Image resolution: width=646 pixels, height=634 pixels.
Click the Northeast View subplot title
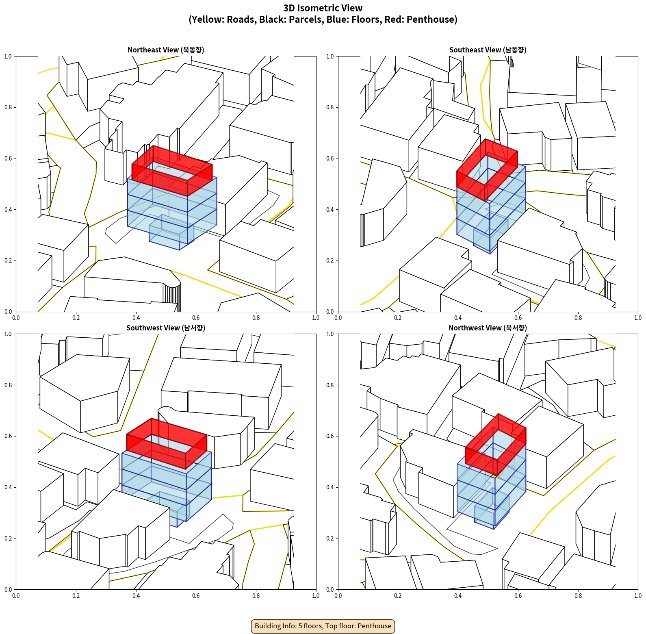[x=166, y=50]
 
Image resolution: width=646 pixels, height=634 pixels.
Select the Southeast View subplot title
[x=488, y=50]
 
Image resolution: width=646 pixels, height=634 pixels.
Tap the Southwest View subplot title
[x=166, y=328]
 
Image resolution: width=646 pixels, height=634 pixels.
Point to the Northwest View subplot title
[x=488, y=328]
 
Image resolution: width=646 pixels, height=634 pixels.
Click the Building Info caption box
[x=323, y=626]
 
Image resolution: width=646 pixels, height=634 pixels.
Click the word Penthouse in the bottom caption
[x=375, y=626]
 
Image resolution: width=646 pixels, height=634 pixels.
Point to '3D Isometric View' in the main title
[x=323, y=8]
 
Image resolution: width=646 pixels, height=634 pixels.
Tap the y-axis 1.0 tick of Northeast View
[x=8, y=56]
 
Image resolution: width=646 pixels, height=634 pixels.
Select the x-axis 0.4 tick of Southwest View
[x=136, y=596]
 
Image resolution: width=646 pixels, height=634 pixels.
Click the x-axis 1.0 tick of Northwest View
[x=638, y=596]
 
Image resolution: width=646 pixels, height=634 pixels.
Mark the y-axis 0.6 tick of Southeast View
[x=330, y=158]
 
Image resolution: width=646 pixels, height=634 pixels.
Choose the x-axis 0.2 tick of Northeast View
[x=76, y=318]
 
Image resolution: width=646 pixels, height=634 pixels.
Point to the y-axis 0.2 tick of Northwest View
[x=330, y=538]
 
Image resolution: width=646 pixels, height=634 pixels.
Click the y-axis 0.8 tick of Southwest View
[x=8, y=385]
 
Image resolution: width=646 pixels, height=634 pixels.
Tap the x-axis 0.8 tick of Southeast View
[x=578, y=318]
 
